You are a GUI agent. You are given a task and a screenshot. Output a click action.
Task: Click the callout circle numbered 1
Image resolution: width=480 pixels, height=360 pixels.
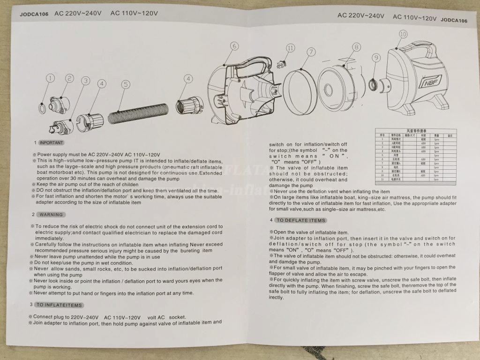[x=50, y=78]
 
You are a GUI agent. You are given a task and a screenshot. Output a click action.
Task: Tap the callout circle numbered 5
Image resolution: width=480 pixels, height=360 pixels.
[x=125, y=84]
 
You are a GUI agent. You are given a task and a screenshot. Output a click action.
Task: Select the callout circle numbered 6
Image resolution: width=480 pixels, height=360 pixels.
[x=234, y=45]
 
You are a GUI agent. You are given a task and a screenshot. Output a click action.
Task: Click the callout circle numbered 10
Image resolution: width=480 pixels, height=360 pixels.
[x=403, y=34]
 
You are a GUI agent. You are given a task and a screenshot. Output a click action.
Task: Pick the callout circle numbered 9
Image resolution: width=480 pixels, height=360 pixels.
[x=375, y=58]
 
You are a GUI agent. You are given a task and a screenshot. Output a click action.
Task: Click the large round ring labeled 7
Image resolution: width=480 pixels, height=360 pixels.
[x=300, y=91]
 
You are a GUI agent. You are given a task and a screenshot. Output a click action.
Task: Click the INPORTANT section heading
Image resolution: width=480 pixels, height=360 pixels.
[x=51, y=142]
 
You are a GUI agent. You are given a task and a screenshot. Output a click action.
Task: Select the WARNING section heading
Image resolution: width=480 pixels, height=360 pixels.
[x=51, y=214]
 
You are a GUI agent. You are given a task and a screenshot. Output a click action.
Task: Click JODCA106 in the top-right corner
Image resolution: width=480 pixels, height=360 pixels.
[x=454, y=20]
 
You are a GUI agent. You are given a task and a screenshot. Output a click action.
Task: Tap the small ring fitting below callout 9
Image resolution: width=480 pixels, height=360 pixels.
[x=374, y=85]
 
